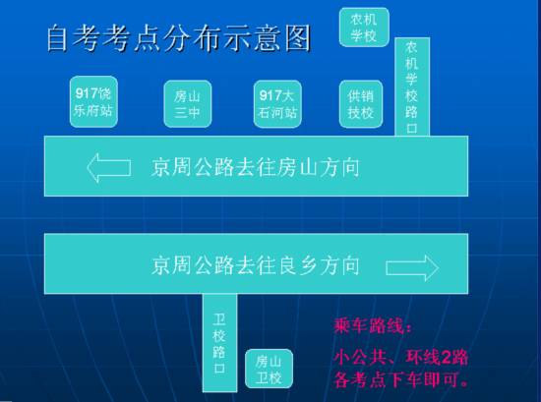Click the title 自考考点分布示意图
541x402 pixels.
point(179,38)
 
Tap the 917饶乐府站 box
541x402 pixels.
point(93,101)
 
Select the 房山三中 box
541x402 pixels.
point(187,104)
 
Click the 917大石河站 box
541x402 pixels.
point(277,104)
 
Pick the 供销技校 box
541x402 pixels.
point(361,104)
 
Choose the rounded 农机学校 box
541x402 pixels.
point(364,28)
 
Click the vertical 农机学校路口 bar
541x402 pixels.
point(412,86)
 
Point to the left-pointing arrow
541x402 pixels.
point(108,168)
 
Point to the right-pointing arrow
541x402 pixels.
point(412,268)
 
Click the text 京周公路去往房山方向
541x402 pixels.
point(256,167)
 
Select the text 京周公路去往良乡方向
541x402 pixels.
point(256,265)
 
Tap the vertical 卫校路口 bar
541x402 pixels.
point(219,343)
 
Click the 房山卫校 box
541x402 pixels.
point(269,369)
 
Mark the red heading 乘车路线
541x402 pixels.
point(373,325)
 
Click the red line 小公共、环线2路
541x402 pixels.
point(400,357)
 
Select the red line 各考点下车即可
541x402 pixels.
point(400,379)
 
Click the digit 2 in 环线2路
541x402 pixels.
point(446,358)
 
